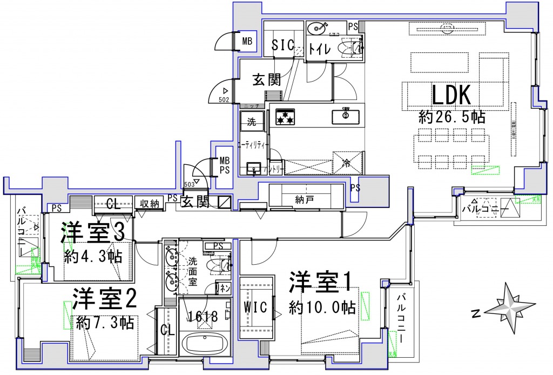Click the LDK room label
[x=452, y=96]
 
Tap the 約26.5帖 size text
[x=451, y=117]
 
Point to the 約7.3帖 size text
[x=105, y=323]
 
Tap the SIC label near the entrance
[x=282, y=46]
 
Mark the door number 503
[x=190, y=183]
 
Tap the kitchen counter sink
[x=345, y=115]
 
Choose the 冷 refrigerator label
[x=346, y=163]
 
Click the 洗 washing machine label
[x=252, y=122]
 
